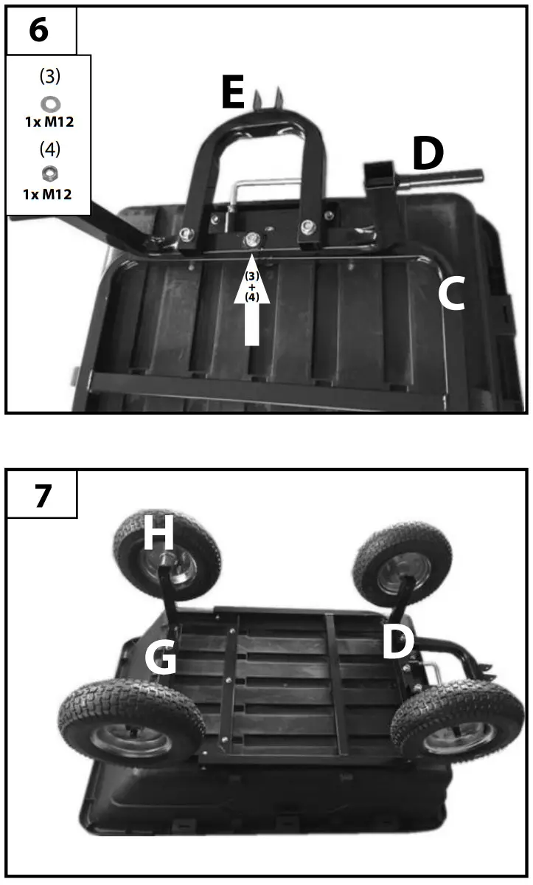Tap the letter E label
coord(234,94)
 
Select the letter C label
coord(451,295)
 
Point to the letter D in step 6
coord(428,154)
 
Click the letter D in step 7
coord(397,643)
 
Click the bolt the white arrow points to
coord(252,239)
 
